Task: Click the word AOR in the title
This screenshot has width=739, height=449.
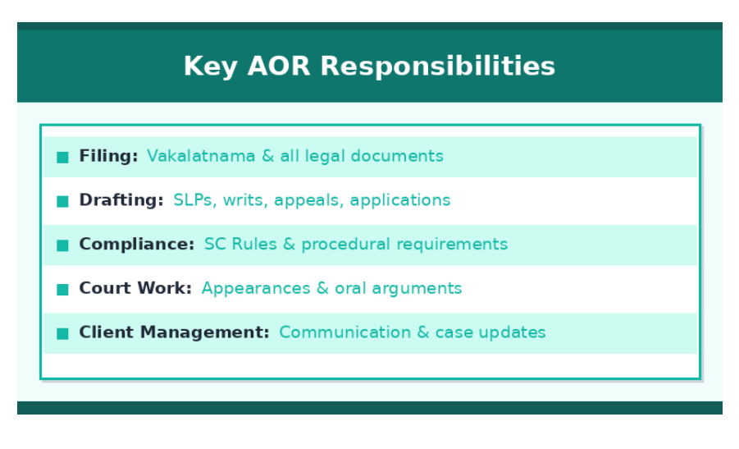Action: click(279, 66)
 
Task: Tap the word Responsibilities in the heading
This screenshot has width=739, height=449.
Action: click(438, 66)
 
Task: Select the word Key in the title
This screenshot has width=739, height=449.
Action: click(210, 66)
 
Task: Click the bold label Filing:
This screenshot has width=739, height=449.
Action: click(108, 156)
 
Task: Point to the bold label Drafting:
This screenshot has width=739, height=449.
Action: click(121, 200)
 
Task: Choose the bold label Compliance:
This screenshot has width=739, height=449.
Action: click(137, 245)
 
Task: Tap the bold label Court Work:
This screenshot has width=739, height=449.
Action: click(135, 288)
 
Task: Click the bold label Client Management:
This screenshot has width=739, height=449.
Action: click(174, 332)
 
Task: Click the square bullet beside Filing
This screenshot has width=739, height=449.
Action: click(62, 157)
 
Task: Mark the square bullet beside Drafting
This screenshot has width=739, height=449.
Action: click(62, 201)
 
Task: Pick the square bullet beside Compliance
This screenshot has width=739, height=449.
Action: click(62, 245)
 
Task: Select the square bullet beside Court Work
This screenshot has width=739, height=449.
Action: click(62, 290)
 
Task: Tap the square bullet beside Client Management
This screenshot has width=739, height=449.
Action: click(62, 333)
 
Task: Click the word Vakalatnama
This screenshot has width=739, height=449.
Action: click(201, 156)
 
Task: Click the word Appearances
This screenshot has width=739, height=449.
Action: click(256, 289)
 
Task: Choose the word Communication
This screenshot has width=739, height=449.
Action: click(345, 332)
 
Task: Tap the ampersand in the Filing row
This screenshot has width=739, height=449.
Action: click(267, 156)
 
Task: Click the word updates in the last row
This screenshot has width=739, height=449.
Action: click(512, 333)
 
